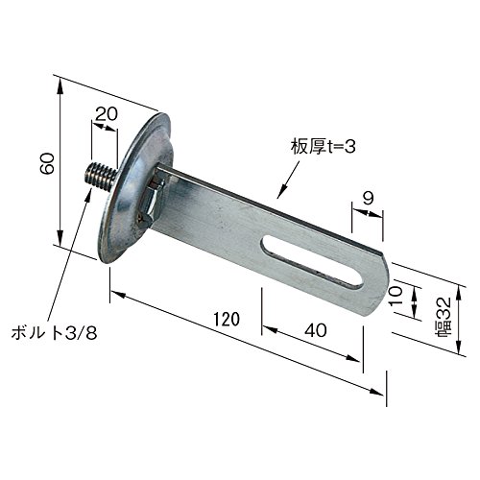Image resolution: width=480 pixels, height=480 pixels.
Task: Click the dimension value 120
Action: (227, 320)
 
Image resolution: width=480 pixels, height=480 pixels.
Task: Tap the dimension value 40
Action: (316, 330)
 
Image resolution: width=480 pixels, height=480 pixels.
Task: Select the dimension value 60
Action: (47, 163)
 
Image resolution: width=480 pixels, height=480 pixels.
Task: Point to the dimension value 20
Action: (107, 114)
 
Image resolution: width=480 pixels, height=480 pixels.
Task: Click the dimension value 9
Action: (369, 198)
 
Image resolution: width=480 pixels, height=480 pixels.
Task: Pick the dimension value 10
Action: (396, 296)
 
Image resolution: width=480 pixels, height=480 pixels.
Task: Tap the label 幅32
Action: (444, 316)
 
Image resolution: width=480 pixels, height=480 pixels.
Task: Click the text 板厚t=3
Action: (323, 147)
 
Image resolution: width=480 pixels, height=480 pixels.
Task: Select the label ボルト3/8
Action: (54, 333)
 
